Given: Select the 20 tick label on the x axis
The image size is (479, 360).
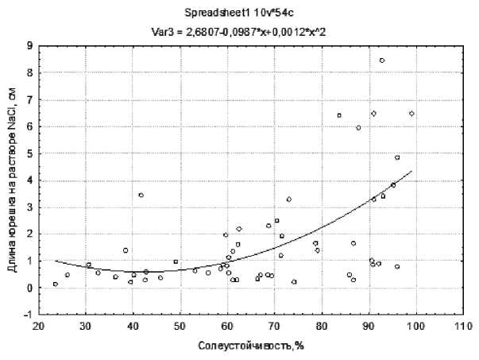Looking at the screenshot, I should tap(38, 326).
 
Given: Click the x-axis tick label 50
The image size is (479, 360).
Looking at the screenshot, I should tap(180, 326).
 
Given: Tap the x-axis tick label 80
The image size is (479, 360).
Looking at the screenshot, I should tap(321, 326).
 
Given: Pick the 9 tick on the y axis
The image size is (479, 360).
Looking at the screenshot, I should tap(29, 46).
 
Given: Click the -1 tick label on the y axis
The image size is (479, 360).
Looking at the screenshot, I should tap(27, 315).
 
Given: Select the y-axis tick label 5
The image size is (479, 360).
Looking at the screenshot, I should tap(29, 153).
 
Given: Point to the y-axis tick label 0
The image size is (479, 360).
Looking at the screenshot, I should tap(29, 288).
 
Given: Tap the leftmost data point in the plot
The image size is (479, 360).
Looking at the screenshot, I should tap(55, 284).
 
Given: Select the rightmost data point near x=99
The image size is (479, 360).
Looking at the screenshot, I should tap(411, 114).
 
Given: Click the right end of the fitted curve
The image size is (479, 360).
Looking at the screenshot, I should tap(411, 171).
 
